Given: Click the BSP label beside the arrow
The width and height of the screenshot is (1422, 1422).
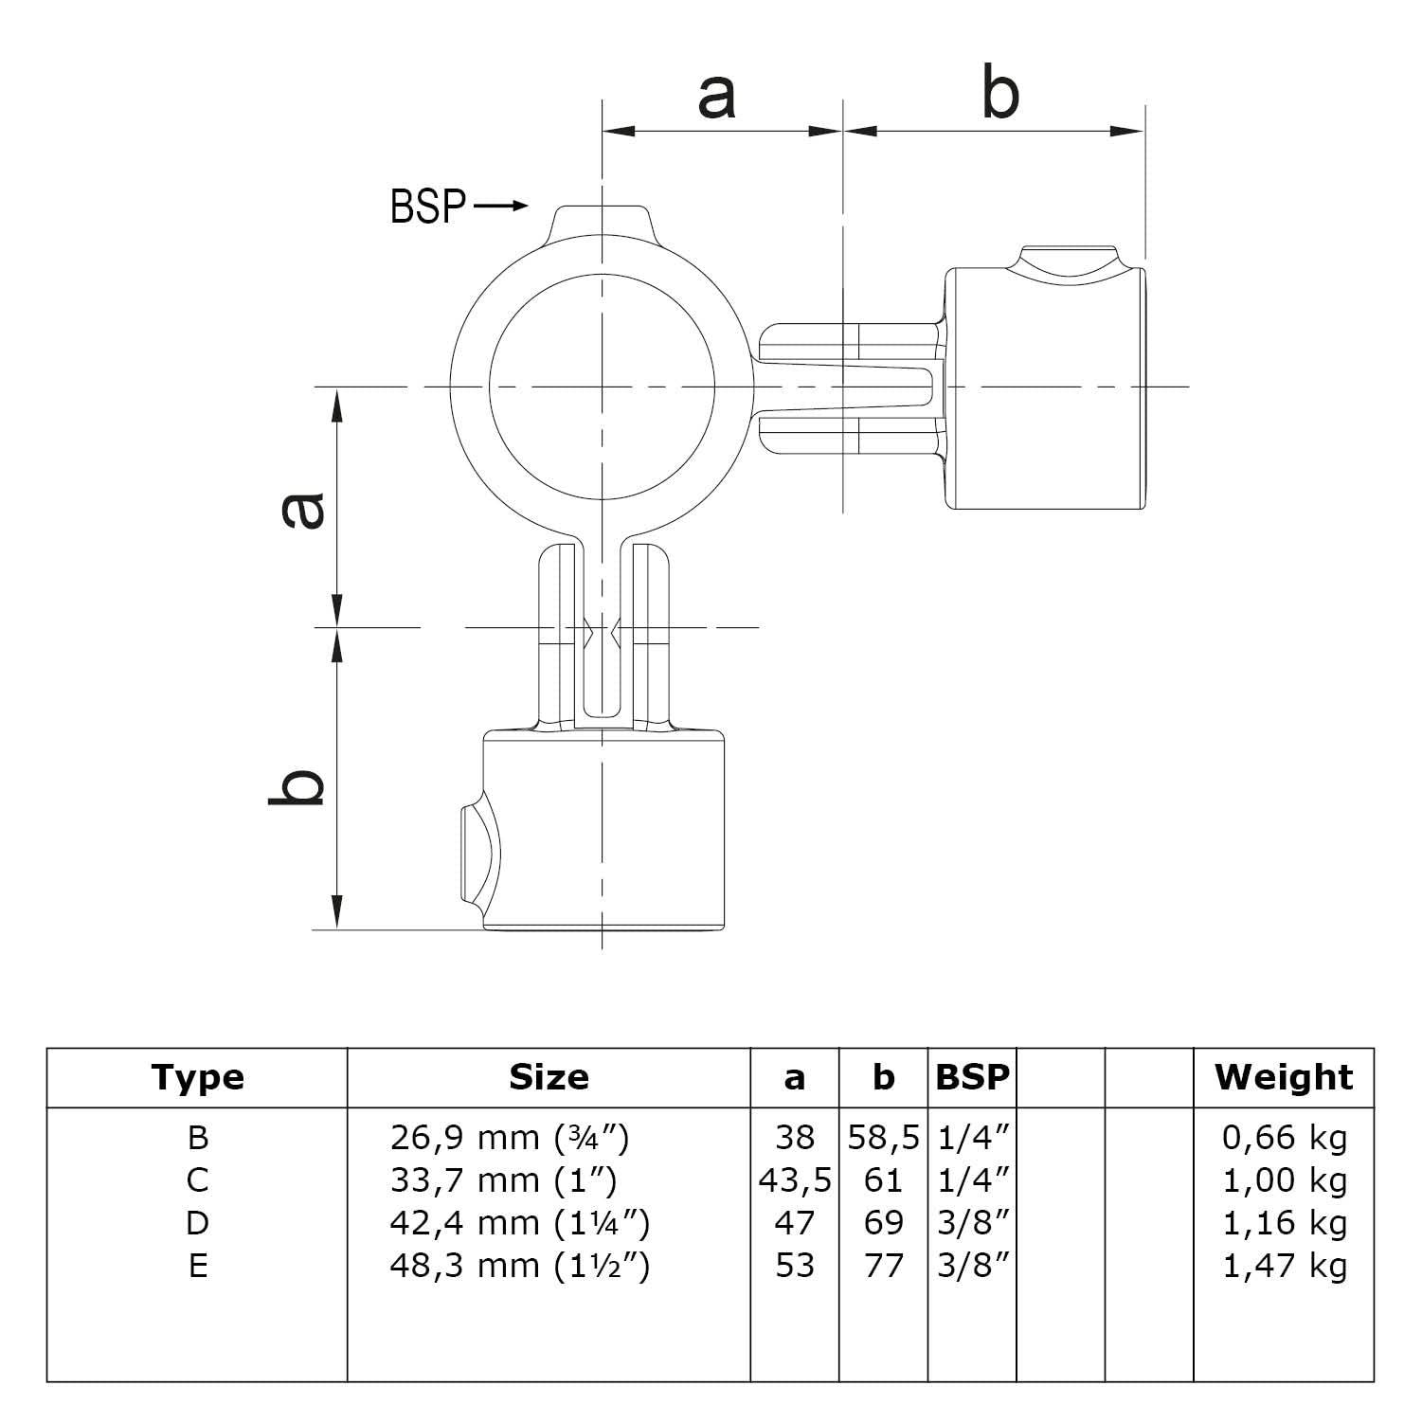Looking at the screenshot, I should point(427,207).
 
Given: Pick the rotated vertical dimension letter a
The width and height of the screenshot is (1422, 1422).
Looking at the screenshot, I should point(304,509).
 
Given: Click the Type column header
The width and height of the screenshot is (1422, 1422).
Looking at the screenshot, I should point(197,1077).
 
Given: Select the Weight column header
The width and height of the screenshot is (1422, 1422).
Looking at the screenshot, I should point(1284,1077).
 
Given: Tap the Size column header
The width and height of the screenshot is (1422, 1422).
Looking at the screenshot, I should point(549,1077).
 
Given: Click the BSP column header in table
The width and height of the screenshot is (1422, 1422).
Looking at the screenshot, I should point(972,1077).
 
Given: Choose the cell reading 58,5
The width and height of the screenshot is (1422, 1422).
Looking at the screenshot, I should point(883,1138).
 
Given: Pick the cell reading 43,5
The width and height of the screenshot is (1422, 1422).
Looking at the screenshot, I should point(795,1180).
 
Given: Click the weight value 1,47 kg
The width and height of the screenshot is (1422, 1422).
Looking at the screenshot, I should point(1284,1266).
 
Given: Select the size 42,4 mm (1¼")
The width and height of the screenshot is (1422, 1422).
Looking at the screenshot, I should point(519,1223).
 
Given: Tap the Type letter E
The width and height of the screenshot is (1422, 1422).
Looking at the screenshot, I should point(197,1266).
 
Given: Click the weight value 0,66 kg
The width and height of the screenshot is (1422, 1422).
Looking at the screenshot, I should point(1284,1138).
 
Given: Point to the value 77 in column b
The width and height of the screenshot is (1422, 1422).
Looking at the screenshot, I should point(883,1266).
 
